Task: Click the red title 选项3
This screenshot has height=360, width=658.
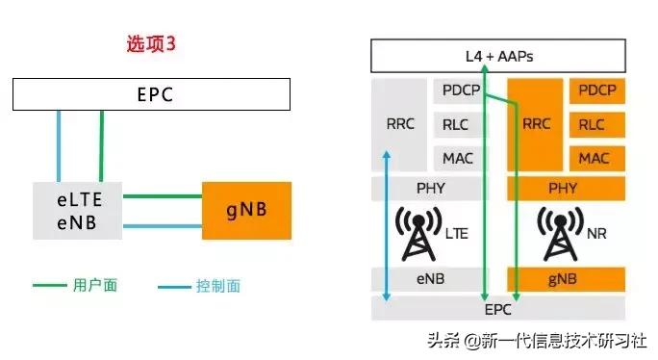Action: click(152, 44)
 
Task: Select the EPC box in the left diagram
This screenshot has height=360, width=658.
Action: click(151, 95)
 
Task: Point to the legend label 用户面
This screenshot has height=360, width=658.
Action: click(94, 286)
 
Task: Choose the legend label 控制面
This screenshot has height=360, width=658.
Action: click(217, 286)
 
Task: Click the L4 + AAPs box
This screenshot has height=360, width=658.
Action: click(497, 56)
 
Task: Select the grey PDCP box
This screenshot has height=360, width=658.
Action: click(458, 91)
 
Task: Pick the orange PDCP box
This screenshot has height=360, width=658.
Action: click(596, 91)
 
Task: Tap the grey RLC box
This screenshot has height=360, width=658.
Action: click(458, 124)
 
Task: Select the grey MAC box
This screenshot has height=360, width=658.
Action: click(458, 157)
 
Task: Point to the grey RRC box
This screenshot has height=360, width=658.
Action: click(399, 124)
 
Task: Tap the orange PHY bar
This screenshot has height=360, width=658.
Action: click(566, 188)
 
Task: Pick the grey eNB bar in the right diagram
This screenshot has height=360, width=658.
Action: click(428, 279)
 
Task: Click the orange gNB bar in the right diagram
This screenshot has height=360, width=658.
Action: click(566, 279)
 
